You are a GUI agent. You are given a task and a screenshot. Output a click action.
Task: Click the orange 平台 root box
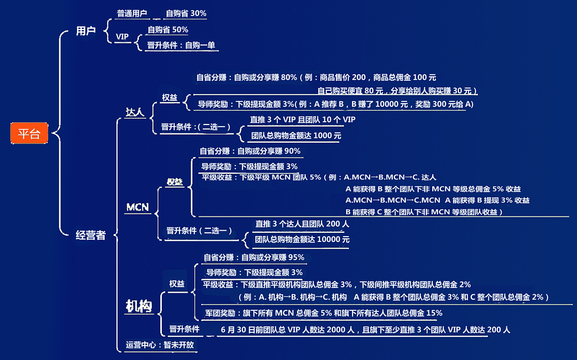(x=29, y=133)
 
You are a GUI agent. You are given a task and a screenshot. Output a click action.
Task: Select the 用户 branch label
(x=85, y=31)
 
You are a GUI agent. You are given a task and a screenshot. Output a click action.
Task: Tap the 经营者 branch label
(x=90, y=235)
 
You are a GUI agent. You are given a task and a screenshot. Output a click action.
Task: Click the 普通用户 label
(x=132, y=13)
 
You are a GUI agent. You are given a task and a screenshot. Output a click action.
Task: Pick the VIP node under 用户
(x=122, y=37)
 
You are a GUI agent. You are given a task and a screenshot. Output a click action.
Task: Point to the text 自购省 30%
(x=186, y=13)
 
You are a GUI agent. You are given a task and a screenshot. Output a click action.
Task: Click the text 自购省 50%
(x=168, y=30)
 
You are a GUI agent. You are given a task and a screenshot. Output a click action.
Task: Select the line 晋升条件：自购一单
(x=181, y=45)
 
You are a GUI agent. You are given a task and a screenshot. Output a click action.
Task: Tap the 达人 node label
(x=135, y=112)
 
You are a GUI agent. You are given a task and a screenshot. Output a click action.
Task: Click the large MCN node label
(x=138, y=207)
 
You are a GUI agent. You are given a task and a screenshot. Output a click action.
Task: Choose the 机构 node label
(x=139, y=306)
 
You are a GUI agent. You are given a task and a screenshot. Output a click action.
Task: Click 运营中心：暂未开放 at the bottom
(x=160, y=345)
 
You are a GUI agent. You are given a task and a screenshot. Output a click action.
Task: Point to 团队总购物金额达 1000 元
(x=296, y=136)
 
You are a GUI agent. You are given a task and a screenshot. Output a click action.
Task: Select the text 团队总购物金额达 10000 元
(x=302, y=239)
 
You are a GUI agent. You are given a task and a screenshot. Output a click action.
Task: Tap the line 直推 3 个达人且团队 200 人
(x=302, y=224)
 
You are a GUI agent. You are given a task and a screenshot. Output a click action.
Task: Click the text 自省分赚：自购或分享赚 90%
(x=250, y=151)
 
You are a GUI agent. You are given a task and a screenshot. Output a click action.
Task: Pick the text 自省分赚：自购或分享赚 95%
(x=254, y=257)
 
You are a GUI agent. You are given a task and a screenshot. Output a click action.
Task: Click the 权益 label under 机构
(x=177, y=284)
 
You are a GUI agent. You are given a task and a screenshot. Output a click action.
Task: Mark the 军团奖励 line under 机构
(x=323, y=314)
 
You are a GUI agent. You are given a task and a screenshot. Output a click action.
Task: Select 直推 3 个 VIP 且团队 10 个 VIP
(x=302, y=120)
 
